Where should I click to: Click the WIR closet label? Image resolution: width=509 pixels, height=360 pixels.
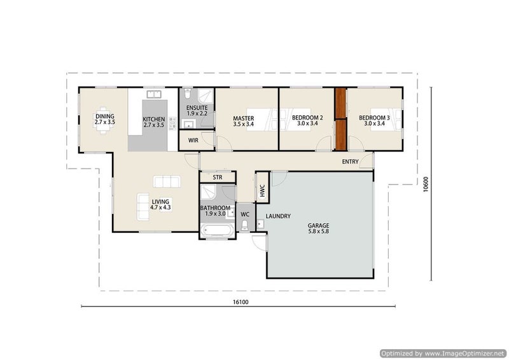click(193, 141)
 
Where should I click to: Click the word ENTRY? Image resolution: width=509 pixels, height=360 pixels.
click(351, 162)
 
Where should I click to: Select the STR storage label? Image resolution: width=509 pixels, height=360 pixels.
click(218, 177)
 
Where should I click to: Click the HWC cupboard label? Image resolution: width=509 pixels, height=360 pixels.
click(262, 191)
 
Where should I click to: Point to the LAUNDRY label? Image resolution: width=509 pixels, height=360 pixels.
click(278, 216)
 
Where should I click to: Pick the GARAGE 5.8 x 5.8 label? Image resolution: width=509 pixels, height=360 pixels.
click(319, 228)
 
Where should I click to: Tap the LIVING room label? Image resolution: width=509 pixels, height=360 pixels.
click(160, 205)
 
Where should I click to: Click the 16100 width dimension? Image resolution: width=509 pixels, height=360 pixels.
click(241, 302)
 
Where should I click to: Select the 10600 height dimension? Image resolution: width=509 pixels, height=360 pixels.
click(426, 184)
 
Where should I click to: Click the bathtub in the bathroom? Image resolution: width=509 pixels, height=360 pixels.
click(217, 231)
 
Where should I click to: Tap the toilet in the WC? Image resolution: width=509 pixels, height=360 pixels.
click(245, 226)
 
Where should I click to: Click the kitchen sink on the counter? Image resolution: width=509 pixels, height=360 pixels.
click(154, 95)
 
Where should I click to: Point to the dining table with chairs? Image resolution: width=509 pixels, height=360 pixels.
click(103, 120)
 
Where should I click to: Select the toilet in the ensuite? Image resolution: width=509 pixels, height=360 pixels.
click(187, 93)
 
